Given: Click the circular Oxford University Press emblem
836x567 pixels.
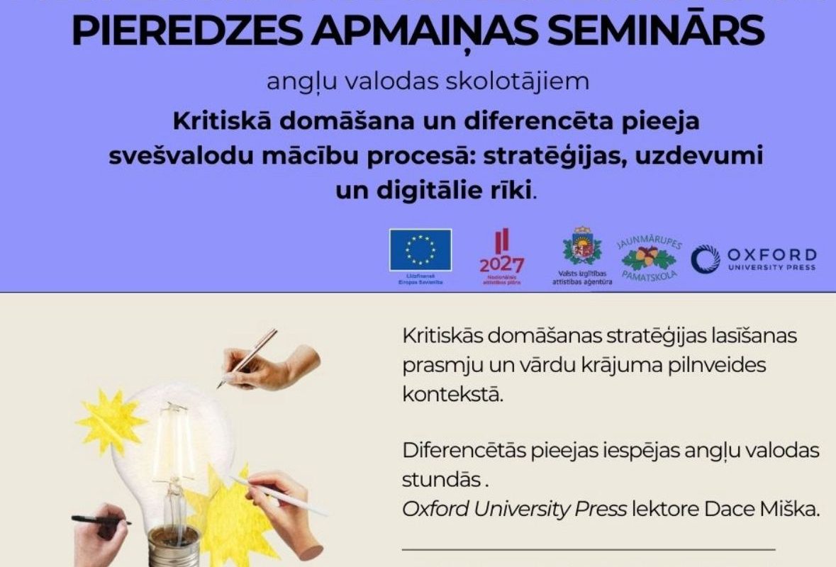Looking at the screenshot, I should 705,259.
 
